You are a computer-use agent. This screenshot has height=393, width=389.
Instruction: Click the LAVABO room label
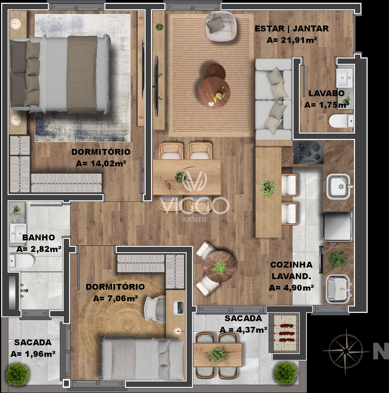pyautogui.click(x=326, y=93)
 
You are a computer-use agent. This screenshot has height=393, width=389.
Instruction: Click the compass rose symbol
pyautogui.click(x=346, y=350)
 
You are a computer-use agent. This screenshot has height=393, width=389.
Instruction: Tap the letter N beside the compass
pyautogui.click(x=381, y=351)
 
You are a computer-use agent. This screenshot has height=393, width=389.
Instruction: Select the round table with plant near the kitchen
pyautogui.click(x=219, y=267)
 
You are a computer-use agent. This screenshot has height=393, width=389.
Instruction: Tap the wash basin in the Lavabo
pyautogui.click(x=344, y=78)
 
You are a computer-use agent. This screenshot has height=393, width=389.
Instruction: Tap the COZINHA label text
pyautogui.click(x=291, y=265)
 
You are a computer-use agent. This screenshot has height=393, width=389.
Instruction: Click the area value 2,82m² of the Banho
pyautogui.click(x=39, y=249)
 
